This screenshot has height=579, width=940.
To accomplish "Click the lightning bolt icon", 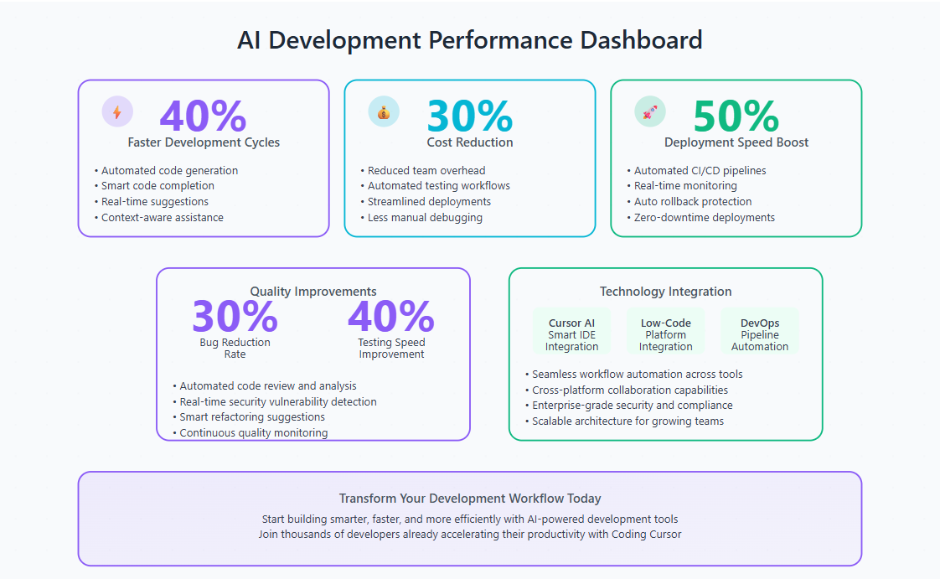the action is pyautogui.click(x=117, y=112).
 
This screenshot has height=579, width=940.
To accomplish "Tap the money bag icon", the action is pyautogui.click(x=384, y=112).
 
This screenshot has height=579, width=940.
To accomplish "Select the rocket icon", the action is pyautogui.click(x=650, y=112).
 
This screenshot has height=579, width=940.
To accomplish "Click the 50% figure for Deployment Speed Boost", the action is pyautogui.click(x=736, y=116).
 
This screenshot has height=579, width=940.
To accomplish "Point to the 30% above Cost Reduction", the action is pyautogui.click(x=470, y=116).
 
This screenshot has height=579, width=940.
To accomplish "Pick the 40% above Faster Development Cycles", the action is pyautogui.click(x=204, y=116).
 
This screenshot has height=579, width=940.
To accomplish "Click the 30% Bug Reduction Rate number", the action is pyautogui.click(x=235, y=316).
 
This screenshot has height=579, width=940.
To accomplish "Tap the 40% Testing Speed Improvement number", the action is pyautogui.click(x=391, y=316).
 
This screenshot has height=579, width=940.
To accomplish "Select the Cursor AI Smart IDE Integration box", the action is pyautogui.click(x=572, y=331).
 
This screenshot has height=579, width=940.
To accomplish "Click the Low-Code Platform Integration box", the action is pyautogui.click(x=665, y=331).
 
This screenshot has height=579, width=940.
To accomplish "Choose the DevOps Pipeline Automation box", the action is pyautogui.click(x=760, y=331).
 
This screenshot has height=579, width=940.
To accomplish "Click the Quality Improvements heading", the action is pyautogui.click(x=313, y=292).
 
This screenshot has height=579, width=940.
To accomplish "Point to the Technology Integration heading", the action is pyautogui.click(x=665, y=292).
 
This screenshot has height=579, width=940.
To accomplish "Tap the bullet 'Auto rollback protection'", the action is pyautogui.click(x=690, y=201).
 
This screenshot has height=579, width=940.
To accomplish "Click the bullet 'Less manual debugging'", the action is pyautogui.click(x=421, y=218).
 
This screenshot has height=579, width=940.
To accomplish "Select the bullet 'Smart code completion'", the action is pyautogui.click(x=154, y=186).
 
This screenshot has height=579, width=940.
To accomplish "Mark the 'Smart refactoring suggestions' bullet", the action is pyautogui.click(x=249, y=416).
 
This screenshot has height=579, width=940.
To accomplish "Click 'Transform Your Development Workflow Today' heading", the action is pyautogui.click(x=470, y=499).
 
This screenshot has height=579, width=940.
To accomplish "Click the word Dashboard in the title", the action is pyautogui.click(x=641, y=40).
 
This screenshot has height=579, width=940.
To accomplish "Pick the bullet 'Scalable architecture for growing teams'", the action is pyautogui.click(x=624, y=421).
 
